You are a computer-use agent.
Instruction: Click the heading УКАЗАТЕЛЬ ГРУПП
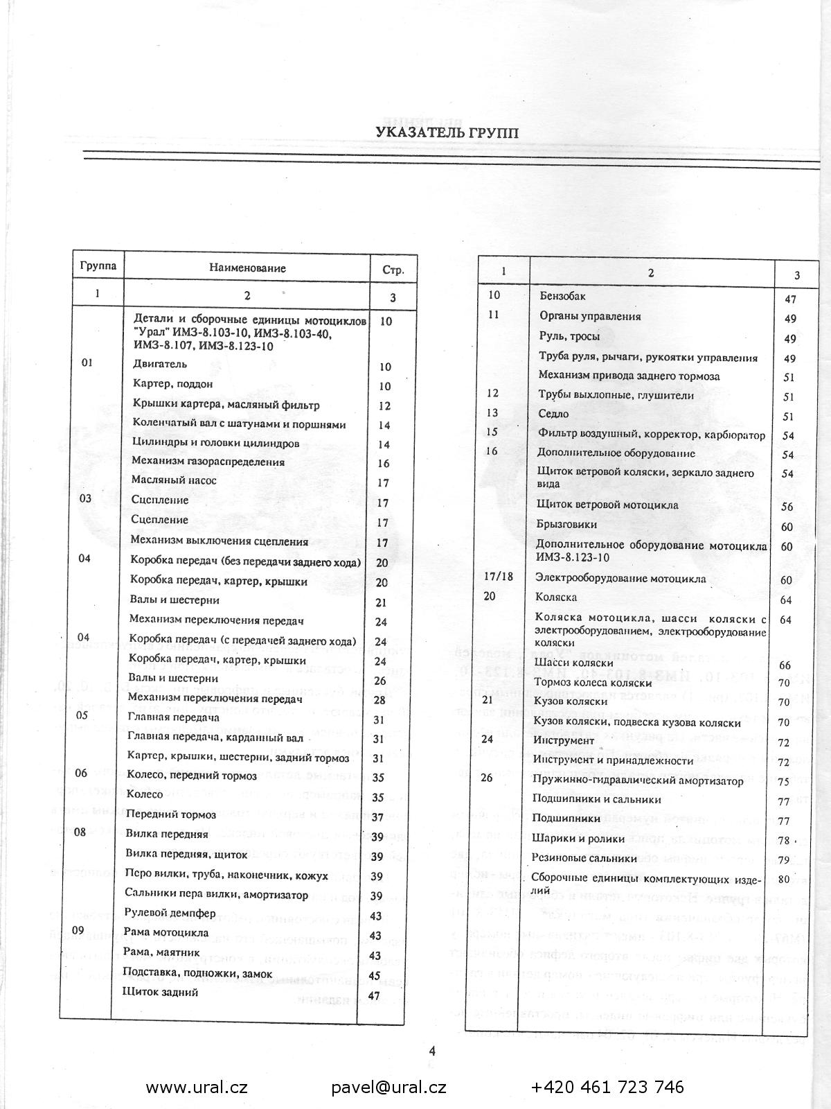pos(447,132)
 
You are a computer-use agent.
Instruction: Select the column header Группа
pos(98,266)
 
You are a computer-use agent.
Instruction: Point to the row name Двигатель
pos(159,364)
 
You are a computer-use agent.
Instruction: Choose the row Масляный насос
pos(174,480)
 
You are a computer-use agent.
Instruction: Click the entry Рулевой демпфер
pos(170,912)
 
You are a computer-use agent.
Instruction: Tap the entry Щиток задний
pos(160,992)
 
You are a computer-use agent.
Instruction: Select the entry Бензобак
pos(562,296)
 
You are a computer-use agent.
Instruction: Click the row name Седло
pos(553,414)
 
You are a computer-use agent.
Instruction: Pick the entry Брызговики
pos(566,524)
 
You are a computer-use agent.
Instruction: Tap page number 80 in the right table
pos(784,880)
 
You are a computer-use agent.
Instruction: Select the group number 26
pos(487,778)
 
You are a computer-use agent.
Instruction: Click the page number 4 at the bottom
pos(432,1051)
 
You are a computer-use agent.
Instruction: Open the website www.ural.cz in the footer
pos(197,1087)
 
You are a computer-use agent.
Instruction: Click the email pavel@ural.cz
pos(388,1087)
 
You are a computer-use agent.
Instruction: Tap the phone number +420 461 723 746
pos(607,1087)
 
